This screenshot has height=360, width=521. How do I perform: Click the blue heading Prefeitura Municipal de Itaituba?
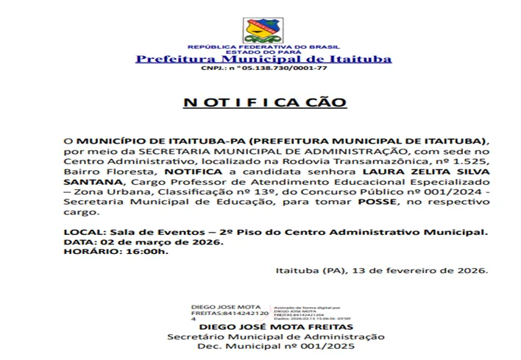point(263,59)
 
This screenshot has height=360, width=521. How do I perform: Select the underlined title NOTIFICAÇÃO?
point(264,102)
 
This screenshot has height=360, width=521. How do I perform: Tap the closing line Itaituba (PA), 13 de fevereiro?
point(381,270)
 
